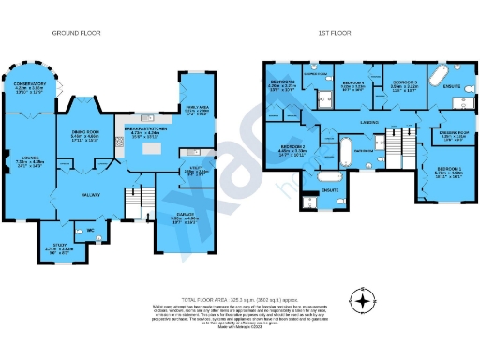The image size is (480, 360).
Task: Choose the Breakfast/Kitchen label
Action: coord(145,129)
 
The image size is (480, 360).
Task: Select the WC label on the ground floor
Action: coord(90,230)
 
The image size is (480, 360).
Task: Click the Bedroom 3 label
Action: coord(283,82)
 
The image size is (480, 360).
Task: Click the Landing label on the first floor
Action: coord(369,122)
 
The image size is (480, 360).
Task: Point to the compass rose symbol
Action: coord(360,301)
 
